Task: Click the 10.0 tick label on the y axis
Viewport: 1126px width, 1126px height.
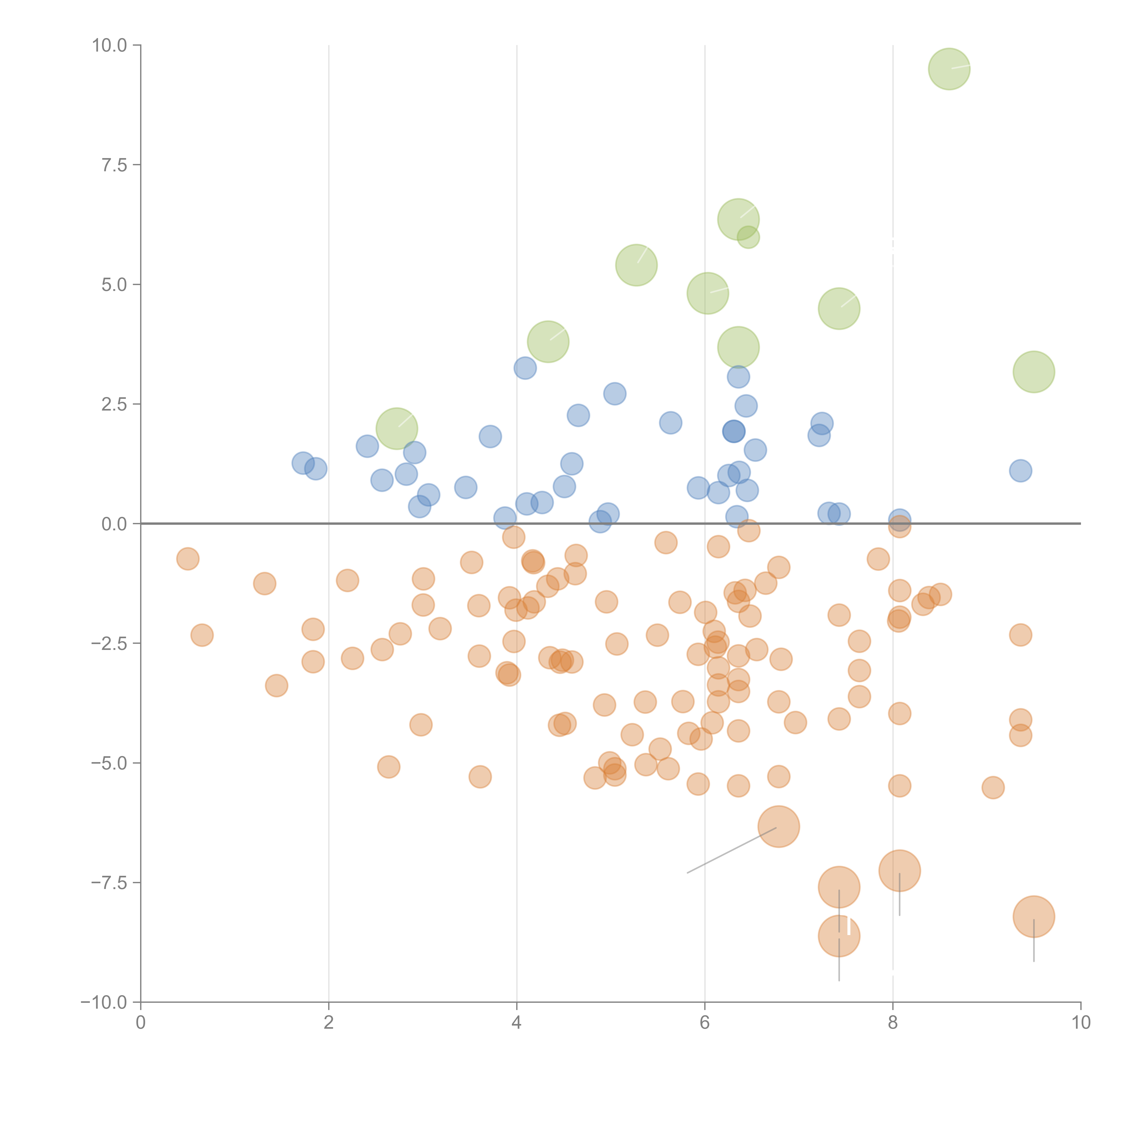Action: click(110, 45)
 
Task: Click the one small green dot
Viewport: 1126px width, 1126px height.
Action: click(748, 237)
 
